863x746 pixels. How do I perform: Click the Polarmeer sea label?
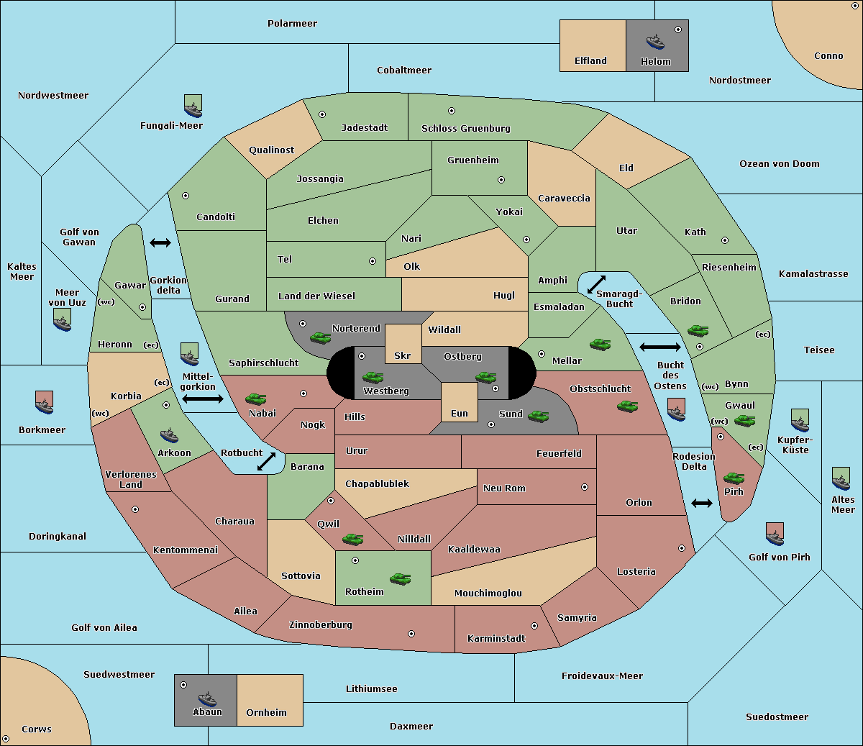pyautogui.click(x=292, y=24)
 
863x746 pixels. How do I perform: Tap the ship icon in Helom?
pyautogui.click(x=655, y=42)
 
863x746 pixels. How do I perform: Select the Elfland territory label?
pyautogui.click(x=590, y=61)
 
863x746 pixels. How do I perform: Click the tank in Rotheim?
pyautogui.click(x=400, y=578)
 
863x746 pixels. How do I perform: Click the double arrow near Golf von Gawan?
pyautogui.click(x=160, y=242)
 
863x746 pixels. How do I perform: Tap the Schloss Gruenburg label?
pyautogui.click(x=465, y=129)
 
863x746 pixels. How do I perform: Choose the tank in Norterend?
pyautogui.click(x=320, y=337)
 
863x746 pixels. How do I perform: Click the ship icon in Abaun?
pyautogui.click(x=207, y=699)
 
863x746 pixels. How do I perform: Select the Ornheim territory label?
pyautogui.click(x=266, y=713)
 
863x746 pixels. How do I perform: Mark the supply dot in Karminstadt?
pyautogui.click(x=534, y=626)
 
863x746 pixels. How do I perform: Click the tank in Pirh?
pyautogui.click(x=734, y=478)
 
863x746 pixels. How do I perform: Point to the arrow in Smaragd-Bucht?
pyautogui.click(x=597, y=284)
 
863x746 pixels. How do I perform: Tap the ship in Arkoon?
pyautogui.click(x=169, y=435)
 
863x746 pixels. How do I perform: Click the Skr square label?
pyautogui.click(x=402, y=356)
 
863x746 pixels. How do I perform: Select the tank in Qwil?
pyautogui.click(x=352, y=539)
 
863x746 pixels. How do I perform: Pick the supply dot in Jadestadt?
pyautogui.click(x=322, y=114)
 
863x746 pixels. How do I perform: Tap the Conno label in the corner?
pyautogui.click(x=828, y=56)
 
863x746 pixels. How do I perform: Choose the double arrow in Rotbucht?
pyautogui.click(x=266, y=461)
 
